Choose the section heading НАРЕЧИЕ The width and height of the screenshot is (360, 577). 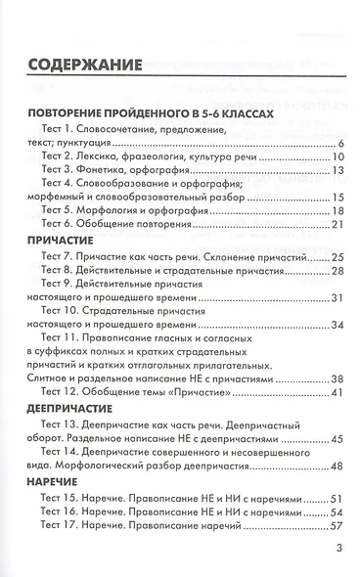pos(55,482)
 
